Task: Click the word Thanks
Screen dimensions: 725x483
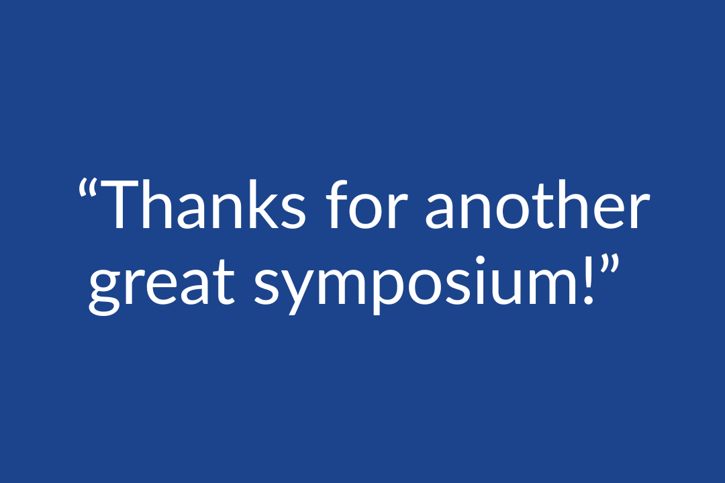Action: (x=203, y=205)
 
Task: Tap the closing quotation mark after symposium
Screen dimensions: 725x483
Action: (x=610, y=264)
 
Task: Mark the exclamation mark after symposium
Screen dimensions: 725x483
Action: (x=588, y=280)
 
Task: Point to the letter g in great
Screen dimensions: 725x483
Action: (x=105, y=289)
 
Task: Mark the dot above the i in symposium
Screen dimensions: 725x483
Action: (x=481, y=260)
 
